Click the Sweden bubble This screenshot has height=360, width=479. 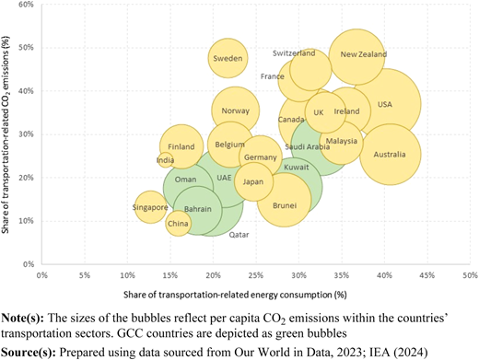[228, 58]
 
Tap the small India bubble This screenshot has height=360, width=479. [166, 160]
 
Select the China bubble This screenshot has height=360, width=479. [178, 224]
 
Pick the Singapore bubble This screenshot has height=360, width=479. [150, 207]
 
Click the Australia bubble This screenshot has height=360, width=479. [390, 155]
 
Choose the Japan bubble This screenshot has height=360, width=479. [253, 181]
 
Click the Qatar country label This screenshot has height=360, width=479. [239, 235]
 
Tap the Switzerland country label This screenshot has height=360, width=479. [294, 53]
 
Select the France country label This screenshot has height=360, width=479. [273, 76]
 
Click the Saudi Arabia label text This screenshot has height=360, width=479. [308, 147]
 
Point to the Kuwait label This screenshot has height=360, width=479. [296, 168]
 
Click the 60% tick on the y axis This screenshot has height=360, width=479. [28, 5]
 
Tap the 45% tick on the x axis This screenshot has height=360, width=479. [427, 275]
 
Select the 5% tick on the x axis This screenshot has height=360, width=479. [85, 275]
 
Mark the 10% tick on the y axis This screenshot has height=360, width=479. [28, 221]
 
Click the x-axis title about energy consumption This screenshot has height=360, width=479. [235, 295]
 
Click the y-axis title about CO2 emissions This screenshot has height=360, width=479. [6, 134]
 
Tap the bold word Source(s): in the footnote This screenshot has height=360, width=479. [29, 352]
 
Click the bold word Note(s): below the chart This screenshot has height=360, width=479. [23, 319]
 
